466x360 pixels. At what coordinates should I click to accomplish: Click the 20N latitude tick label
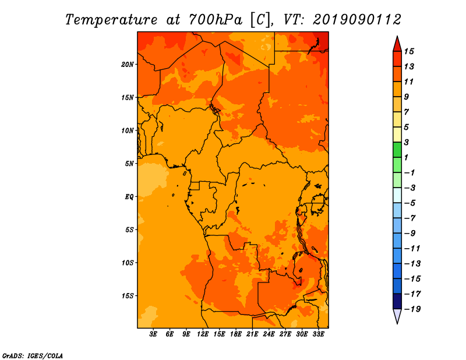(x=127, y=65)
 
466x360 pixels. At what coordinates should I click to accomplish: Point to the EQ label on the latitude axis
(x=129, y=197)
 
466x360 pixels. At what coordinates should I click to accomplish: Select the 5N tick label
(x=129, y=164)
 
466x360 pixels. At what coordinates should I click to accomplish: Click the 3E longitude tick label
(x=153, y=334)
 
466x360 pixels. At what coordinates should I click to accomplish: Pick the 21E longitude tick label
(x=252, y=334)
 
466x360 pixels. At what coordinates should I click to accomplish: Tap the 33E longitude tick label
(x=318, y=334)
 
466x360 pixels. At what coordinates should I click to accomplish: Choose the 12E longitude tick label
(x=203, y=334)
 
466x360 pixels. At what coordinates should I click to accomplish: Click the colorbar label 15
(x=409, y=51)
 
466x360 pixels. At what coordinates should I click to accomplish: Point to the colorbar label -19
(x=412, y=309)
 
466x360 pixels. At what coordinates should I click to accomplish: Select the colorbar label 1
(x=406, y=157)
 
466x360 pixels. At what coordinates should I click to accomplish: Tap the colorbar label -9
(x=410, y=234)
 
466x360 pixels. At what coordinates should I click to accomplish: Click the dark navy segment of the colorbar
(x=397, y=301)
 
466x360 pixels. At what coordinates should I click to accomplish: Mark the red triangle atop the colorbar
(x=397, y=45)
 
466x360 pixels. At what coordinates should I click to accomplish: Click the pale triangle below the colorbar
(x=397, y=316)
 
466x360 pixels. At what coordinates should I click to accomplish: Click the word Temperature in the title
(x=111, y=20)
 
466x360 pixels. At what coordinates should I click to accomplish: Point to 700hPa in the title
(x=216, y=20)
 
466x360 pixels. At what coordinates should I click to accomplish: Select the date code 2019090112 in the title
(x=357, y=20)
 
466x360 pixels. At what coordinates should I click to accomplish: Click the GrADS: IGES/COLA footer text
(x=33, y=356)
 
